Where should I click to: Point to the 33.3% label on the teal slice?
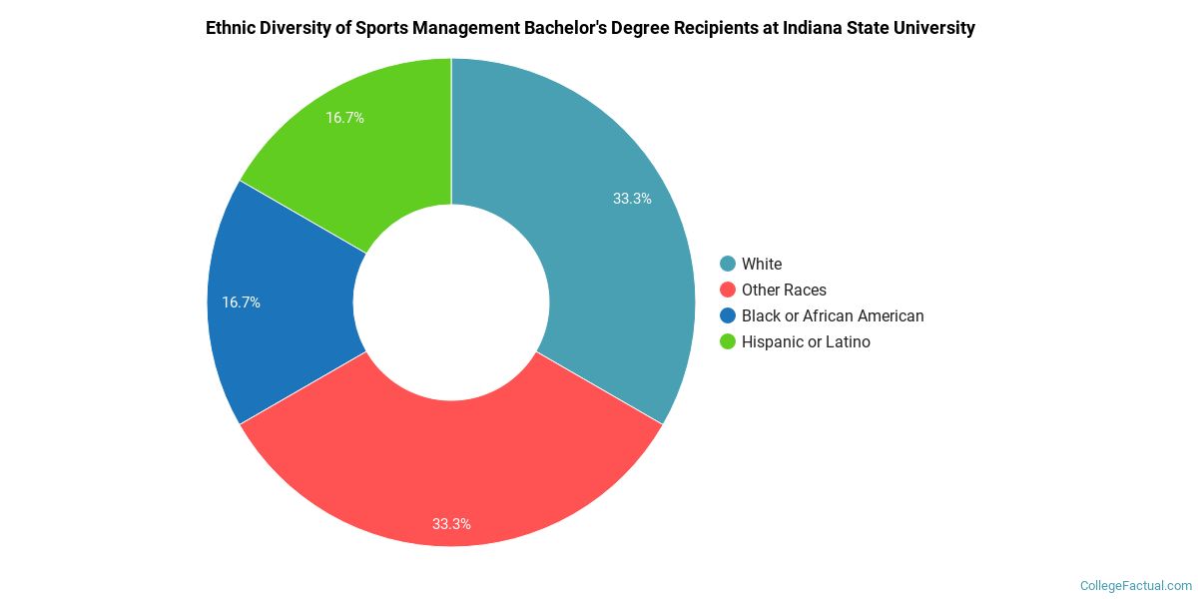pyautogui.click(x=632, y=199)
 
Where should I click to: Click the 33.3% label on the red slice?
pyautogui.click(x=451, y=523)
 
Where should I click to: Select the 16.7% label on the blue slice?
pyautogui.click(x=241, y=301)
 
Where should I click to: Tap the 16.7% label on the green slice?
pyautogui.click(x=344, y=118)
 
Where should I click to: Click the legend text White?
pyautogui.click(x=762, y=264)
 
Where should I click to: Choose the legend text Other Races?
pyautogui.click(x=784, y=290)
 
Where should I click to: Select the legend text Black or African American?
pyautogui.click(x=833, y=315)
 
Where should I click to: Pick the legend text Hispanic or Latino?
pyautogui.click(x=806, y=341)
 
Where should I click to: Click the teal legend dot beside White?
pyautogui.click(x=728, y=264)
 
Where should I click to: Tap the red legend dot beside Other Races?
pyautogui.click(x=728, y=290)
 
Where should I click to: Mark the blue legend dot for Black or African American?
pyautogui.click(x=728, y=315)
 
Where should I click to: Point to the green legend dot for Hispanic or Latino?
pyautogui.click(x=728, y=341)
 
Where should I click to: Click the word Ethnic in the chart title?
pyautogui.click(x=230, y=28)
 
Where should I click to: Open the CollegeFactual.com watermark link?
pyautogui.click(x=1135, y=586)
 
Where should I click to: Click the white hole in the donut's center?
pyautogui.click(x=451, y=302)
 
